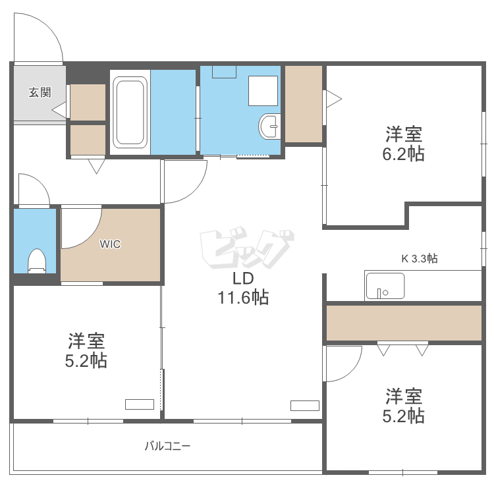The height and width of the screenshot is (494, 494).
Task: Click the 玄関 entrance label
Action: (x=40, y=92)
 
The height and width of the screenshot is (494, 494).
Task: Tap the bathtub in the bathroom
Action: (x=129, y=113)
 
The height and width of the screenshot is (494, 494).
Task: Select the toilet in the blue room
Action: (x=36, y=260)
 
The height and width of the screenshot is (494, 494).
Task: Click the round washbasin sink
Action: (x=270, y=126)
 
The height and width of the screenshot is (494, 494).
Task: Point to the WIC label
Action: (x=110, y=244)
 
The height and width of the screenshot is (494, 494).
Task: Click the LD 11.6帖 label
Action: (x=243, y=289)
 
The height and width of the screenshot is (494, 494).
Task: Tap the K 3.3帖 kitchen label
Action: (x=420, y=258)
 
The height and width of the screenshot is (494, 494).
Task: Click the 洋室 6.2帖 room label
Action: (x=404, y=144)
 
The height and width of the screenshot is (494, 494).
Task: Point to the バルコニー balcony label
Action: (x=167, y=446)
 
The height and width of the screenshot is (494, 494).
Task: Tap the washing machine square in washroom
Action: (x=264, y=90)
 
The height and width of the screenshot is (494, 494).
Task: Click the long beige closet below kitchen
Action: (x=403, y=323)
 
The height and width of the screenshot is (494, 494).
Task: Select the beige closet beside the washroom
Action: (x=304, y=103)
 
